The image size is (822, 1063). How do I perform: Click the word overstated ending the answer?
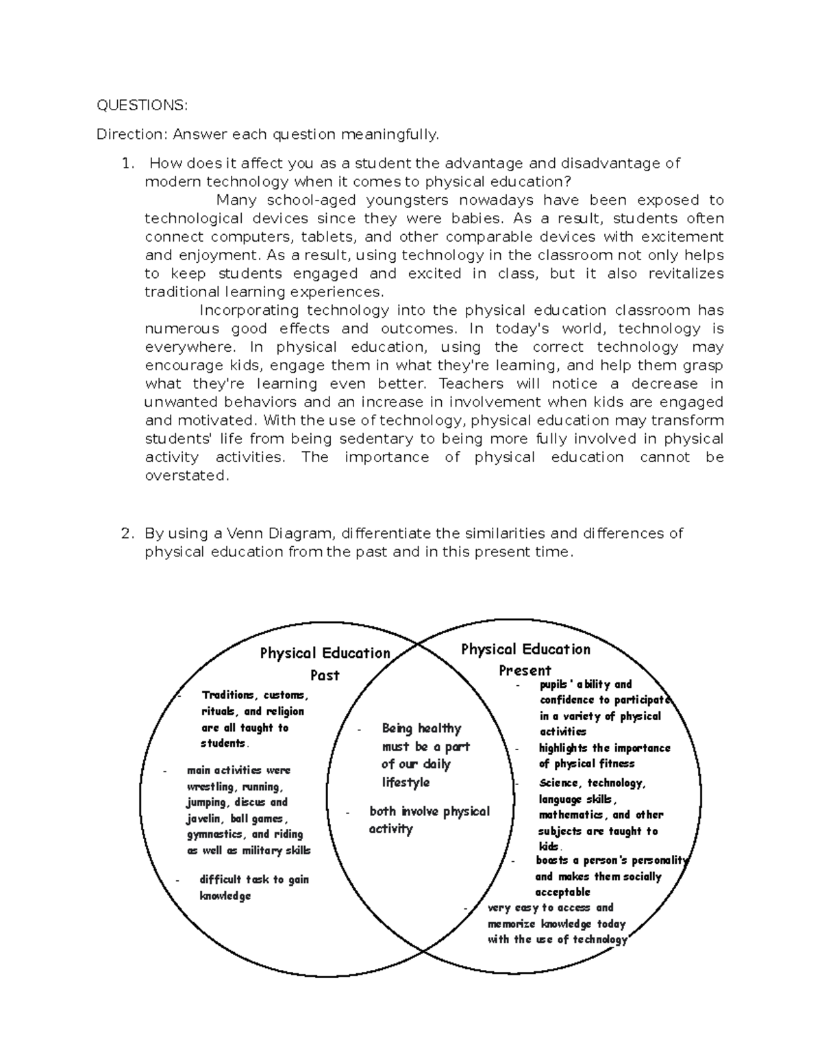click(x=185, y=476)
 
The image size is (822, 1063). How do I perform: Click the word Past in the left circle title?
click(x=325, y=676)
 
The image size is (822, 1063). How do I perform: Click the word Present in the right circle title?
click(x=525, y=670)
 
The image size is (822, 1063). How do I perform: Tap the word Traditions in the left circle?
click(x=229, y=695)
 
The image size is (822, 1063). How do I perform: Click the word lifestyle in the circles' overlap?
click(x=406, y=782)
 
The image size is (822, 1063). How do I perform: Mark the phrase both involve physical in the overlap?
click(x=429, y=812)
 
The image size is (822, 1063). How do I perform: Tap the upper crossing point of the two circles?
click(x=419, y=644)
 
